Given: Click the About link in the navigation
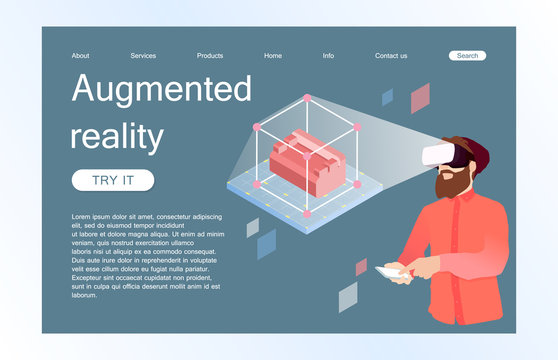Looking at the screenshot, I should tap(80, 56).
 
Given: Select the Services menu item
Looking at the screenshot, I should tap(143, 56).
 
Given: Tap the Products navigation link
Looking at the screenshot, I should tap(210, 56).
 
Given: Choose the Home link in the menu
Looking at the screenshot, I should tap(273, 56).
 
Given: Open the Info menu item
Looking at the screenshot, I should tap(328, 56).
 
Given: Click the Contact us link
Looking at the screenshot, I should tap(391, 56).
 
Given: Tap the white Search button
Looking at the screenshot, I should tap(467, 56).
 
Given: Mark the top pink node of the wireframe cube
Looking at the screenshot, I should tap(307, 98).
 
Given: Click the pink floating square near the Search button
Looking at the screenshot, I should tap(420, 97).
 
